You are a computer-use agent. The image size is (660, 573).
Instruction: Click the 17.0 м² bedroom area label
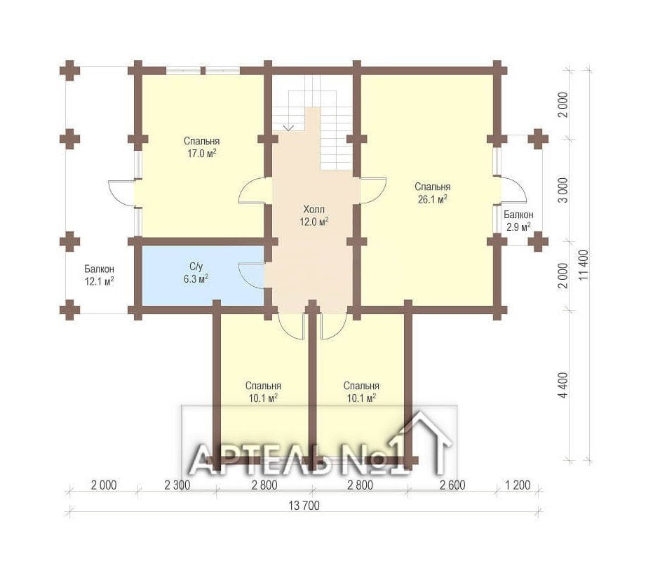point(201,147)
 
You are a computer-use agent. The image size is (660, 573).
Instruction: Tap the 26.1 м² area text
point(432,193)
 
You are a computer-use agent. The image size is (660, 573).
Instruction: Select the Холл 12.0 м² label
point(314,215)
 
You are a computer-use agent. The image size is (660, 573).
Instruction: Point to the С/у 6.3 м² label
point(196,273)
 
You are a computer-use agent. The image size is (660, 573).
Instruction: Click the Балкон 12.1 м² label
point(100,275)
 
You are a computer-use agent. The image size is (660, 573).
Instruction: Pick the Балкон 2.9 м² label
point(518,221)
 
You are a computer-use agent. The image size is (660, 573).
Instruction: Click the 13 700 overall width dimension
point(304,506)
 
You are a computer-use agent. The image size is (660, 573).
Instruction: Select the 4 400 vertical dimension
point(564,385)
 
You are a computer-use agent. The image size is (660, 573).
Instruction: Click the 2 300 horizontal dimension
point(177,485)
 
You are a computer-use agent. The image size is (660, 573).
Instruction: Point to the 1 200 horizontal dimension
point(518,485)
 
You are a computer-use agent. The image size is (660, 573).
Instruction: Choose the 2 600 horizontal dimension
point(452,485)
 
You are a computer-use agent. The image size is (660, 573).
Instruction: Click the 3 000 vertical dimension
point(563,190)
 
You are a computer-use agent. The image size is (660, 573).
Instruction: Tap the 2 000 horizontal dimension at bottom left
point(104,485)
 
